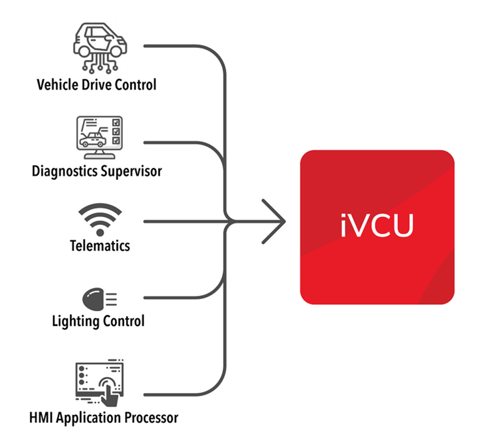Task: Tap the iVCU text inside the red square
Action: point(377,226)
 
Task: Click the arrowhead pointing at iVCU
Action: point(274,221)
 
